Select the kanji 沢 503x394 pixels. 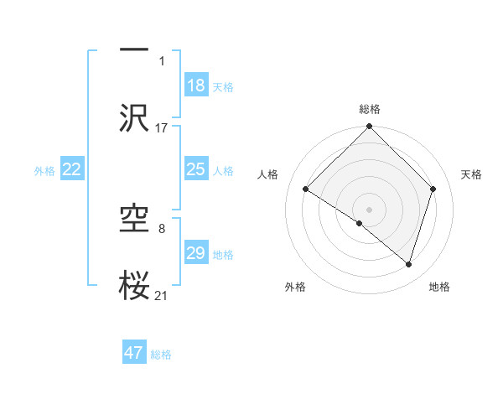134,117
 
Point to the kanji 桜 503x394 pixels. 134,285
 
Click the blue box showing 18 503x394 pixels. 196,86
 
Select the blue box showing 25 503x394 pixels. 196,169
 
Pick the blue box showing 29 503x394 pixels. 196,253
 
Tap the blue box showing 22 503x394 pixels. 72,169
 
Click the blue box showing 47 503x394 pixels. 134,353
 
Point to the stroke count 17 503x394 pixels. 162,128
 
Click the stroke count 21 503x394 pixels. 162,295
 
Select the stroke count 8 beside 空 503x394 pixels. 162,227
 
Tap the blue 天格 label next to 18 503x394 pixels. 223,86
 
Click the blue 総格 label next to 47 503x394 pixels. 161,355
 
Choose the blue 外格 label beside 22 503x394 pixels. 44,170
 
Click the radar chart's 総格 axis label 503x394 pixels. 370,109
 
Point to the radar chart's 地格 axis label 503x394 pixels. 439,287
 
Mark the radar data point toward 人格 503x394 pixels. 306,189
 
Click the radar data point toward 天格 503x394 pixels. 433,189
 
